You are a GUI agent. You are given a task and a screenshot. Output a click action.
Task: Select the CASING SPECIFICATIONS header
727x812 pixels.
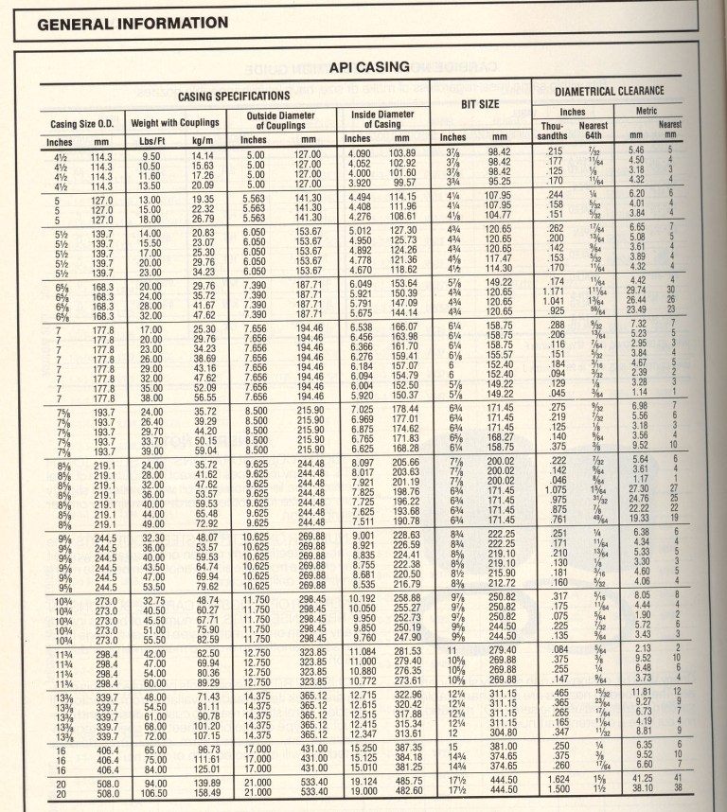[x=234, y=97]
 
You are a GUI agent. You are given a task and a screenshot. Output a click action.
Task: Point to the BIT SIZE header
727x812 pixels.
[x=480, y=103]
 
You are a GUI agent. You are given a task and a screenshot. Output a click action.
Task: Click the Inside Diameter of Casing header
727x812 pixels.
[x=382, y=118]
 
